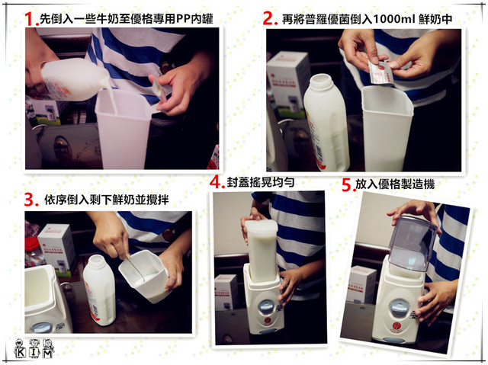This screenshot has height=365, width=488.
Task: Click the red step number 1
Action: [30, 19]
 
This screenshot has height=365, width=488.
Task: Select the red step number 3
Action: [30, 200]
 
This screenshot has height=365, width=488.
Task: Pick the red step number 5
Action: [347, 184]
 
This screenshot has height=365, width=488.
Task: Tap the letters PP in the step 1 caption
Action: [184, 19]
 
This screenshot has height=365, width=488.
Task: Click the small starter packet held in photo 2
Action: [380, 72]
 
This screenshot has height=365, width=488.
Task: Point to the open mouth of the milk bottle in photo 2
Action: [322, 78]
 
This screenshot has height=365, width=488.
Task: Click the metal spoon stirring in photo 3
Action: [135, 267]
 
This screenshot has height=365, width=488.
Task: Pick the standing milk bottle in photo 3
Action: [99, 290]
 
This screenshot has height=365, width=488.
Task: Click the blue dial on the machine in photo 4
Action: [266, 306]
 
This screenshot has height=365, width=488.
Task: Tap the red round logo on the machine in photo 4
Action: [268, 321]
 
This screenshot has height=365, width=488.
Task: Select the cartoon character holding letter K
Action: [20, 349]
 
